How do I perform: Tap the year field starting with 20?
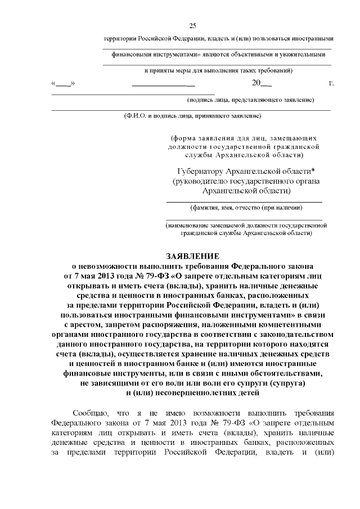pos(262,83)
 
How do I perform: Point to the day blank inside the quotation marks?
pos(63,84)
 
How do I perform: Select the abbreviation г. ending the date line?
pos(331,83)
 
